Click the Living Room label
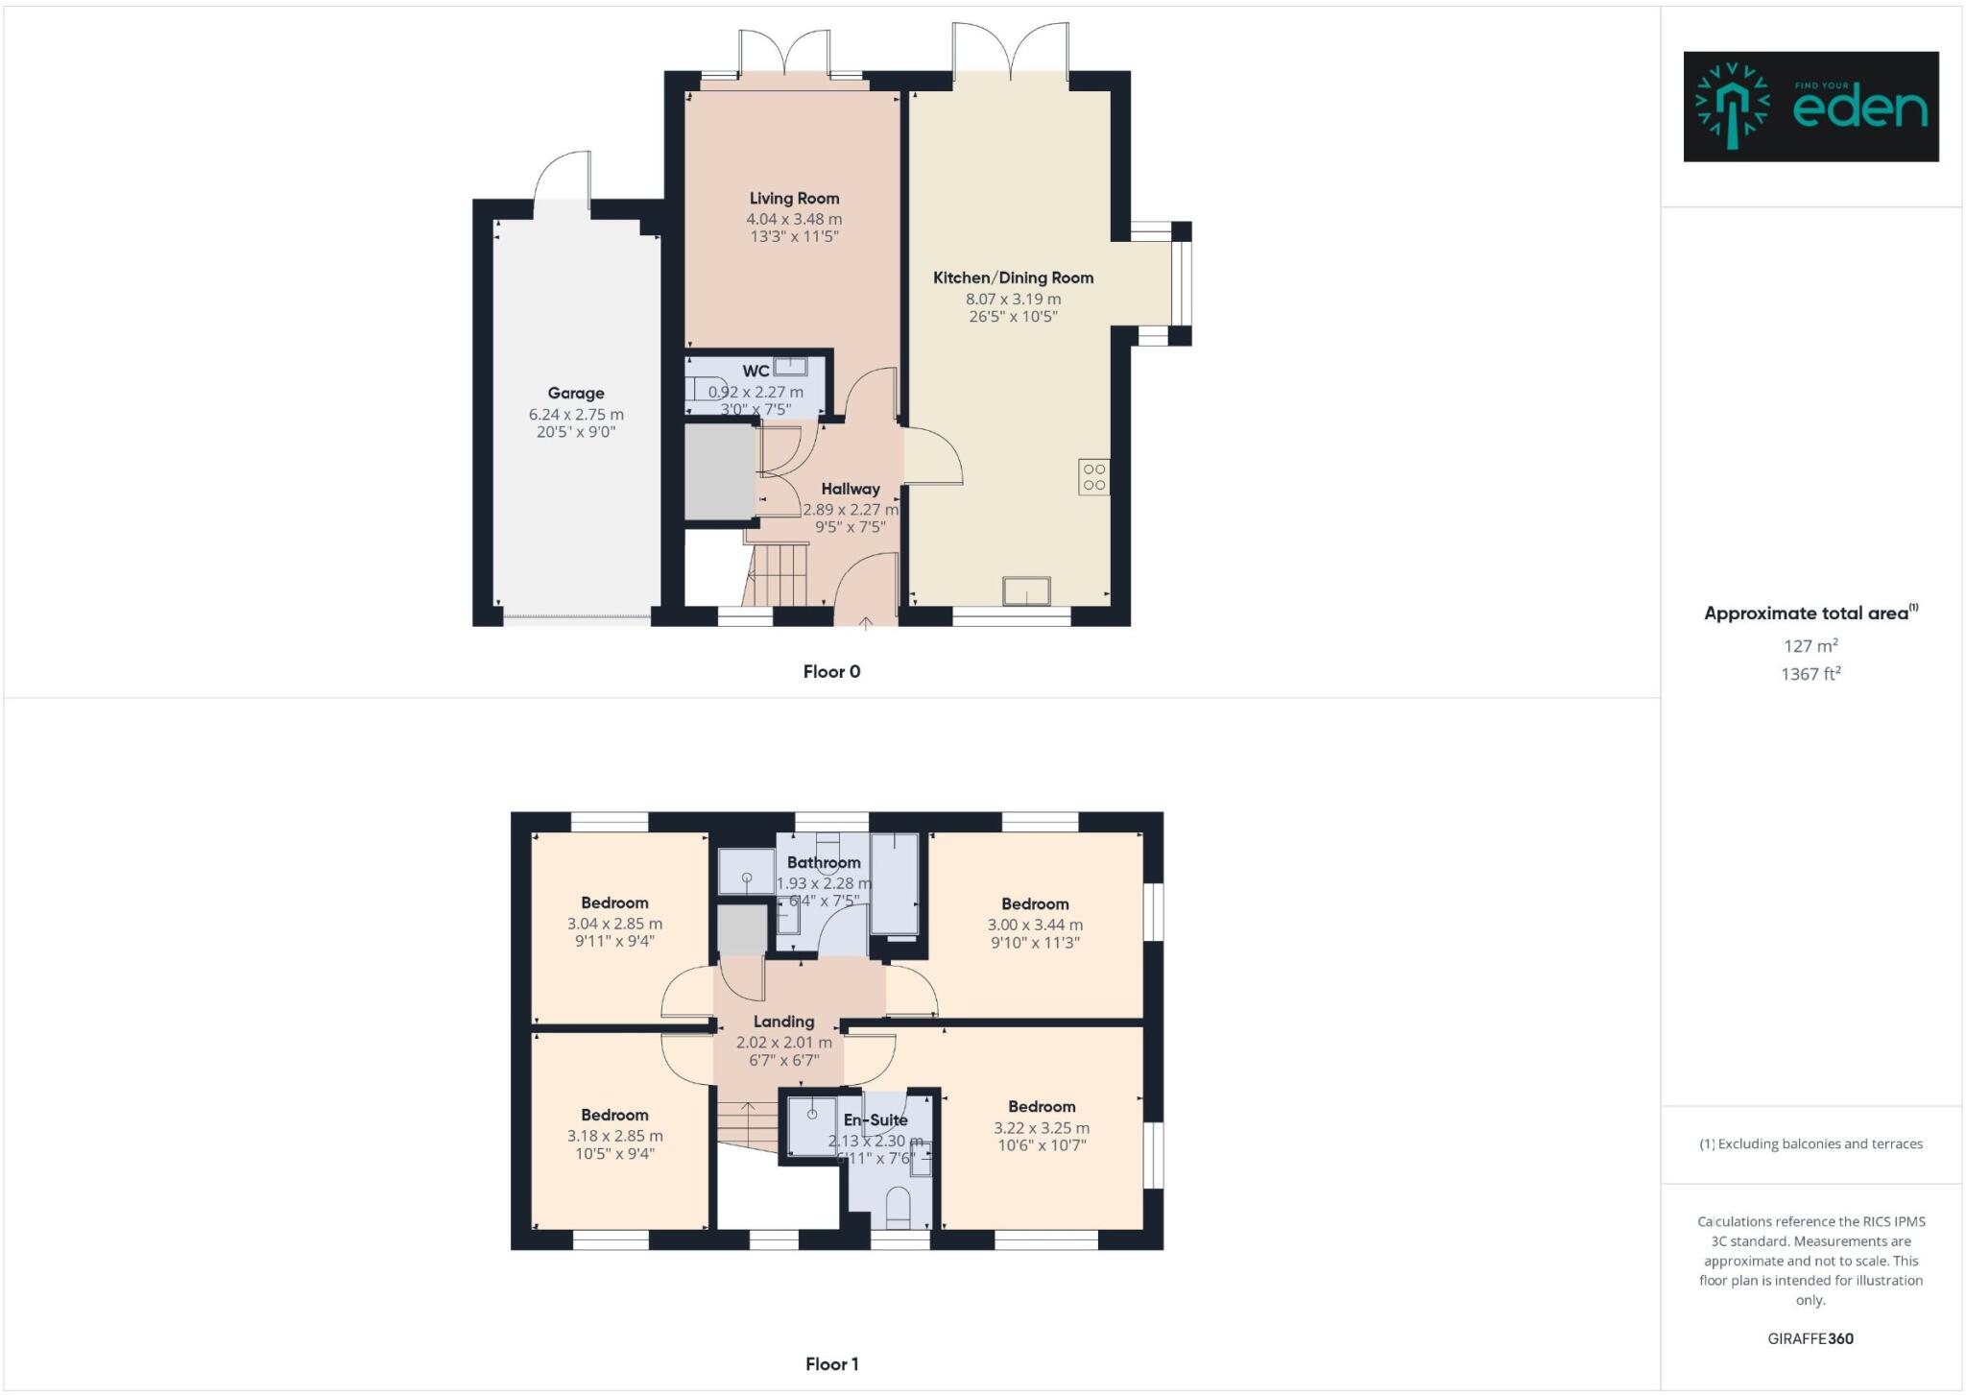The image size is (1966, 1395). pyautogui.click(x=794, y=199)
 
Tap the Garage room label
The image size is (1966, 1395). pyautogui.click(x=576, y=393)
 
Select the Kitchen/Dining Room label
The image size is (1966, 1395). pyautogui.click(x=1013, y=278)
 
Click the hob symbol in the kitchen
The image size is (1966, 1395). pyautogui.click(x=1094, y=477)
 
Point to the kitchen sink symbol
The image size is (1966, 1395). pyautogui.click(x=1026, y=591)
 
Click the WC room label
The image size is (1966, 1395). pyautogui.click(x=755, y=372)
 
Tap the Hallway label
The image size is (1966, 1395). pyautogui.click(x=850, y=489)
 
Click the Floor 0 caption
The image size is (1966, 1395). pyautogui.click(x=831, y=672)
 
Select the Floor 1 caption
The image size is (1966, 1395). pyautogui.click(x=831, y=1364)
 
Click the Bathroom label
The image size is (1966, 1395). pyautogui.click(x=824, y=862)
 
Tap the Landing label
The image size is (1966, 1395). pyautogui.click(x=783, y=1022)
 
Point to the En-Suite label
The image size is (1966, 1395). pyautogui.click(x=875, y=1119)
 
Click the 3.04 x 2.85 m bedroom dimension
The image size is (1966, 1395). pyautogui.click(x=614, y=924)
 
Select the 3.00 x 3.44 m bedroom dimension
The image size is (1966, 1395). pyautogui.click(x=1035, y=925)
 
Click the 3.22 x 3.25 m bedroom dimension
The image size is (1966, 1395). pyautogui.click(x=1042, y=1128)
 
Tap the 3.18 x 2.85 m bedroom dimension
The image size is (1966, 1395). pyautogui.click(x=614, y=1136)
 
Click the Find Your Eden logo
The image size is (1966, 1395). pyautogui.click(x=1810, y=107)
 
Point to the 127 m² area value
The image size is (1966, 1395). pyautogui.click(x=1810, y=646)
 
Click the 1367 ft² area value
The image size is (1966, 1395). pyautogui.click(x=1810, y=674)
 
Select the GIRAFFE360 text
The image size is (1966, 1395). pyautogui.click(x=1810, y=1338)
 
